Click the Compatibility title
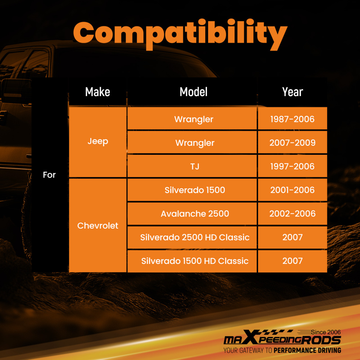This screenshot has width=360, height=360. (x=180, y=35)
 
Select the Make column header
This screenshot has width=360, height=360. (x=98, y=92)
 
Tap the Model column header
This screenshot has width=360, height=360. (x=194, y=92)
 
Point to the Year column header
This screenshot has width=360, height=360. (x=292, y=92)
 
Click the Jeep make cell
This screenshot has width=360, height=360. (x=98, y=141)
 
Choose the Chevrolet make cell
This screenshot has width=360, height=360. (x=98, y=225)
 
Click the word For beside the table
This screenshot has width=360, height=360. (x=49, y=175)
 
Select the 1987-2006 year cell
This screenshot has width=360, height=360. (x=292, y=118)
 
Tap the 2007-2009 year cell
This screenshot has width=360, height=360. (x=292, y=142)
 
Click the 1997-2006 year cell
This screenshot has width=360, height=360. (x=292, y=166)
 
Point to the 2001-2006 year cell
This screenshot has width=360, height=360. (x=292, y=190)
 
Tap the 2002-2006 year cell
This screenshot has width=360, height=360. (x=292, y=213)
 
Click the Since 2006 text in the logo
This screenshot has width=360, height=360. (x=326, y=332)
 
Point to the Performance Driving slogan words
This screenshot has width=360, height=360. (x=307, y=350)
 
